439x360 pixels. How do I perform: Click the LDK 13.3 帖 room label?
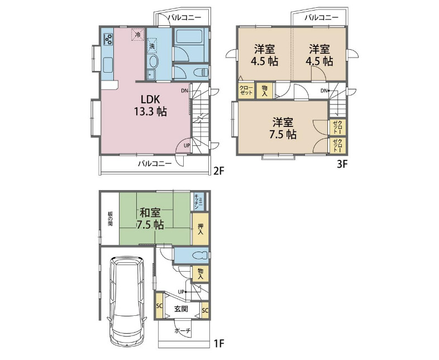(150, 105)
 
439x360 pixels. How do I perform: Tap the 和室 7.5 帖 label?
(150, 219)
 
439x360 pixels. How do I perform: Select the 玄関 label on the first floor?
(181, 309)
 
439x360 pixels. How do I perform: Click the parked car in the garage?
(127, 301)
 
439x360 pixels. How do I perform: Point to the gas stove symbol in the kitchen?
(108, 39)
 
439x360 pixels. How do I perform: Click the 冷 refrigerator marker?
(138, 35)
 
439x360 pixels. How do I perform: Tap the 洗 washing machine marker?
(152, 46)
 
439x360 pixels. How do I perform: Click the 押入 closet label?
(200, 229)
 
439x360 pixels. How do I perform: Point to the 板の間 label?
(110, 219)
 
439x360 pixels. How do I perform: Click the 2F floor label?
(219, 170)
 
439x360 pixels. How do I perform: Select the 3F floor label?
(342, 164)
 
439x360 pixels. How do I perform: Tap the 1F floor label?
(219, 343)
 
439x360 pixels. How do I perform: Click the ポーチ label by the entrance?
(183, 331)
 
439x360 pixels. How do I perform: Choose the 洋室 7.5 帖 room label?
(283, 129)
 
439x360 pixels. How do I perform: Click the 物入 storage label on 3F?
(264, 91)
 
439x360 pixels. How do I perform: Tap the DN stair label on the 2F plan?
(184, 91)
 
